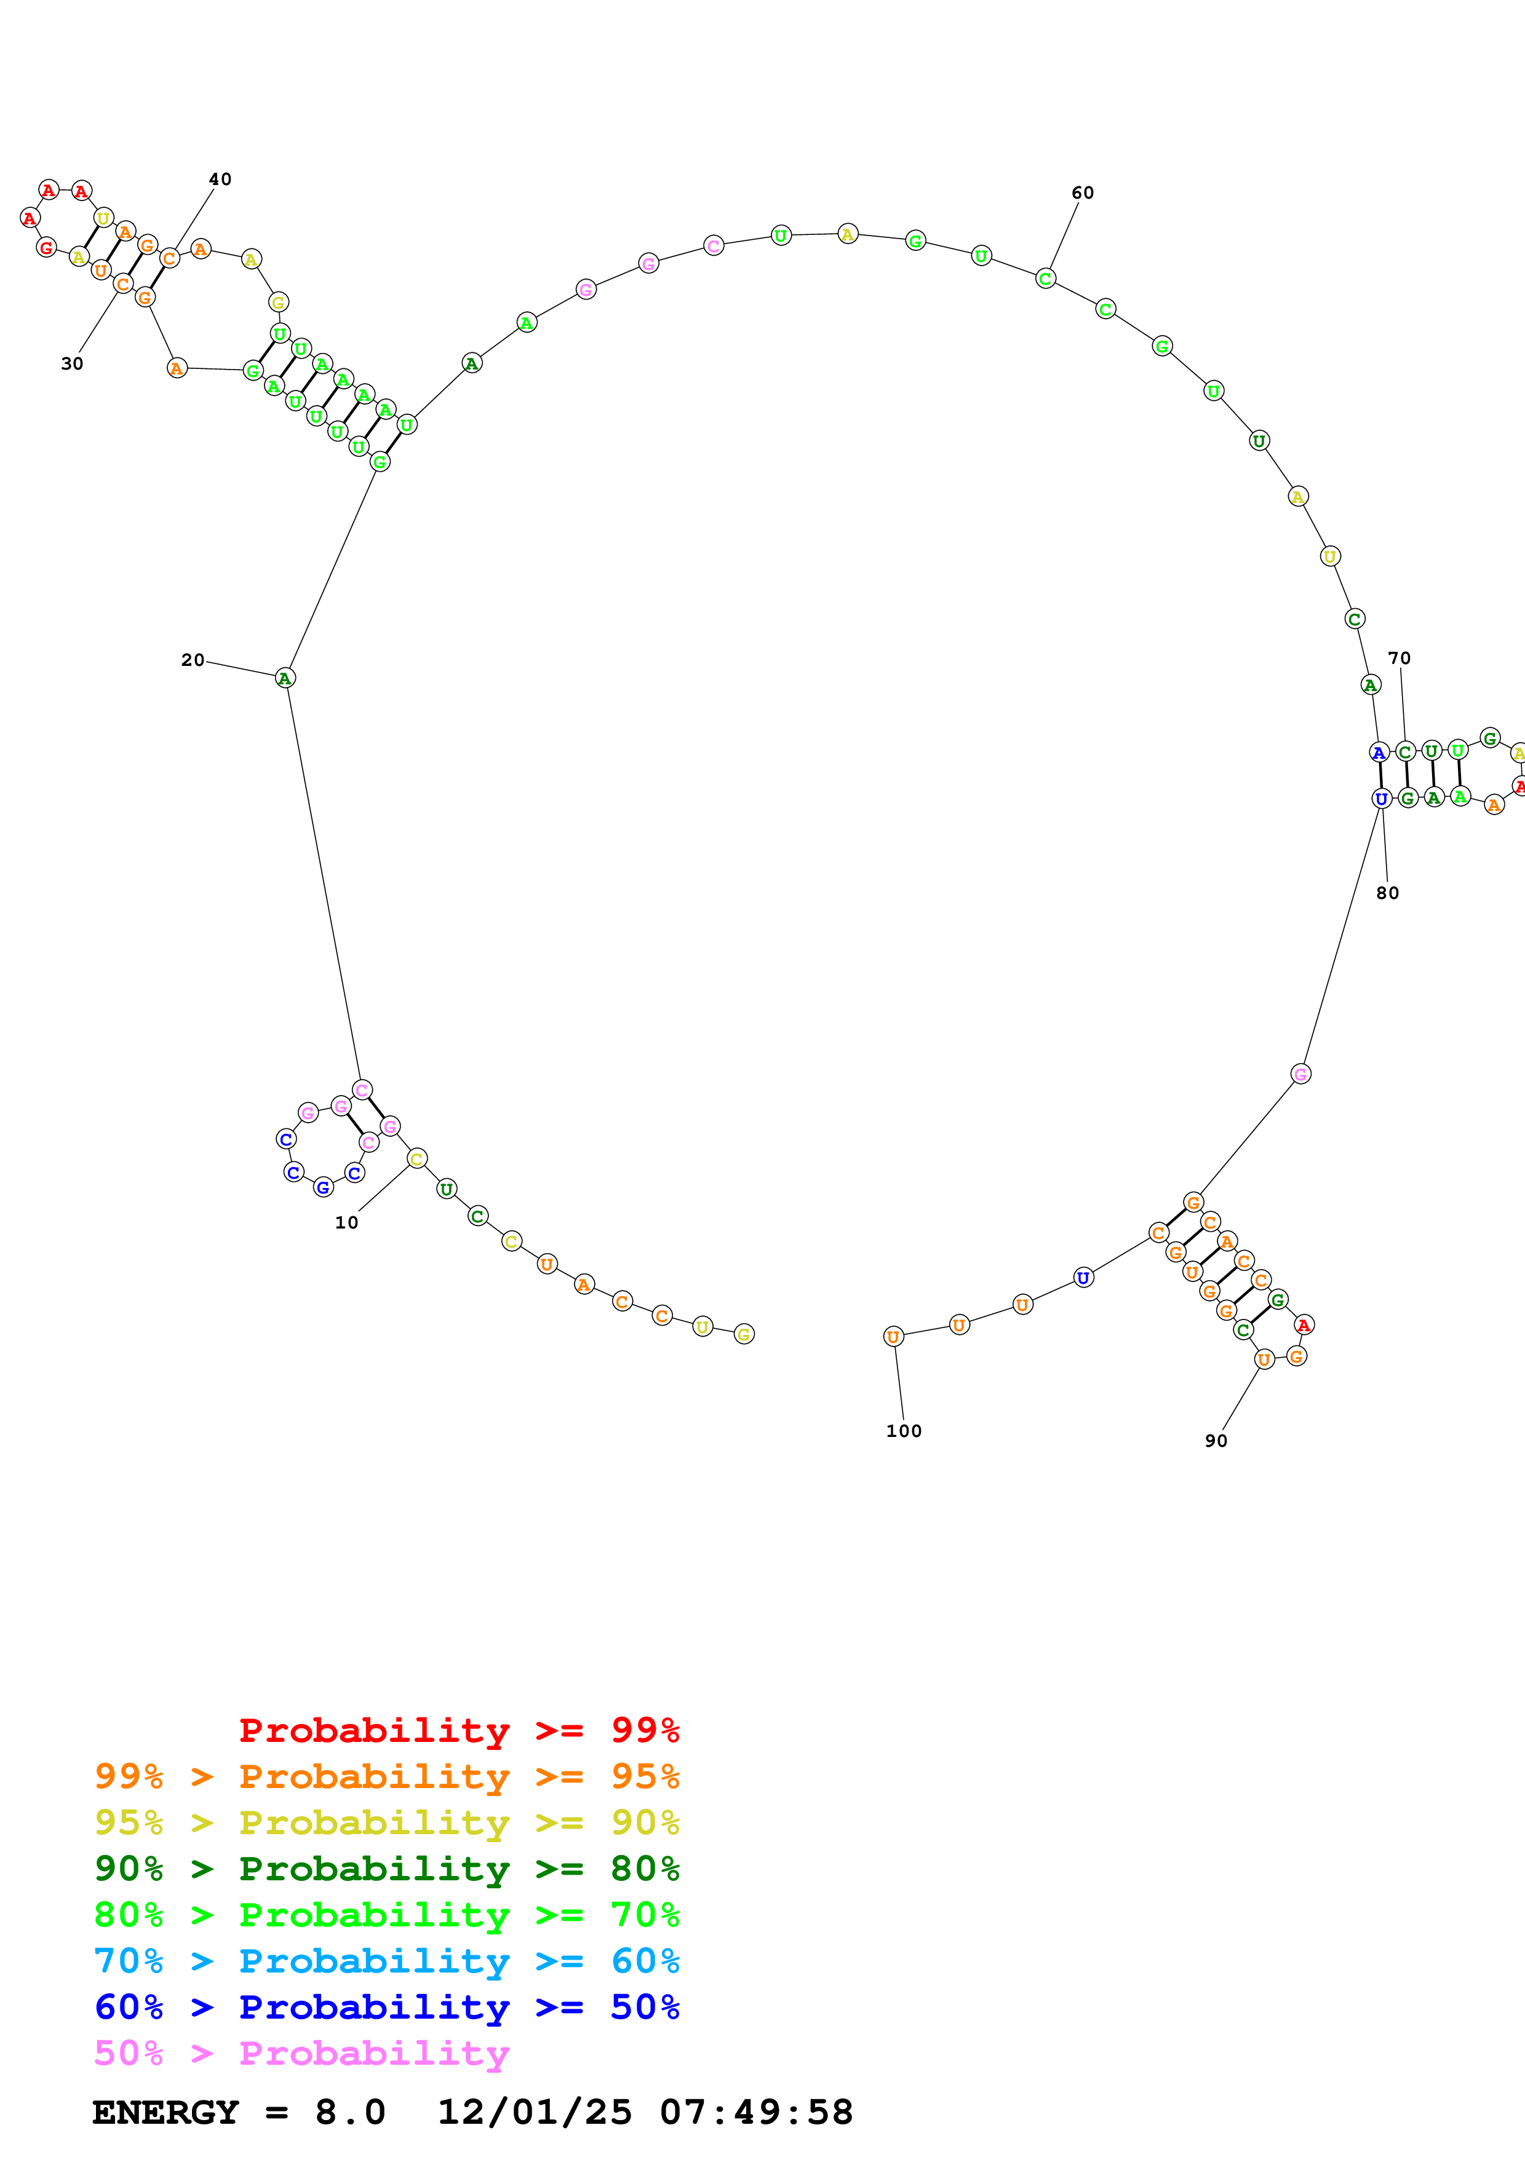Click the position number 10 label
[347, 1222]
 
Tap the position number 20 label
[193, 660]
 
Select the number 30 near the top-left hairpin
[73, 363]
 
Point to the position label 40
[220, 180]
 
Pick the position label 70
[1399, 659]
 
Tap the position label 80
[1388, 893]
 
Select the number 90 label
[1216, 1441]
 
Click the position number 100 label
[904, 1431]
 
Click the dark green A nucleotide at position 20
[285, 678]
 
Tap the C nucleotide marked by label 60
[1046, 279]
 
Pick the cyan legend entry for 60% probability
[387, 1961]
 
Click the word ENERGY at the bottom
[165, 2112]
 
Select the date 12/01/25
[535, 2112]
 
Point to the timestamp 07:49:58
[757, 2112]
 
